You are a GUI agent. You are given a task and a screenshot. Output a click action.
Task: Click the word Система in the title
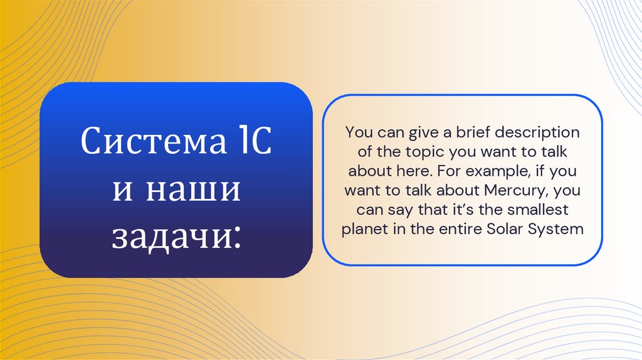150,144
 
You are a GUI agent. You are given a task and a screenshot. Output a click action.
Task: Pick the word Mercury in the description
510,190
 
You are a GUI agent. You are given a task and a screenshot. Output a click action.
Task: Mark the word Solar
505,229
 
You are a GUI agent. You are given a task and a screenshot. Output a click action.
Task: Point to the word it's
463,209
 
